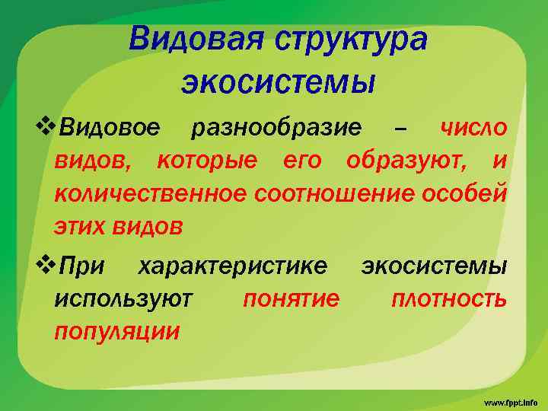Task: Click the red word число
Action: tap(473, 128)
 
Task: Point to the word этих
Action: tap(81, 226)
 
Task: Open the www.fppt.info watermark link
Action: tap(509, 400)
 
